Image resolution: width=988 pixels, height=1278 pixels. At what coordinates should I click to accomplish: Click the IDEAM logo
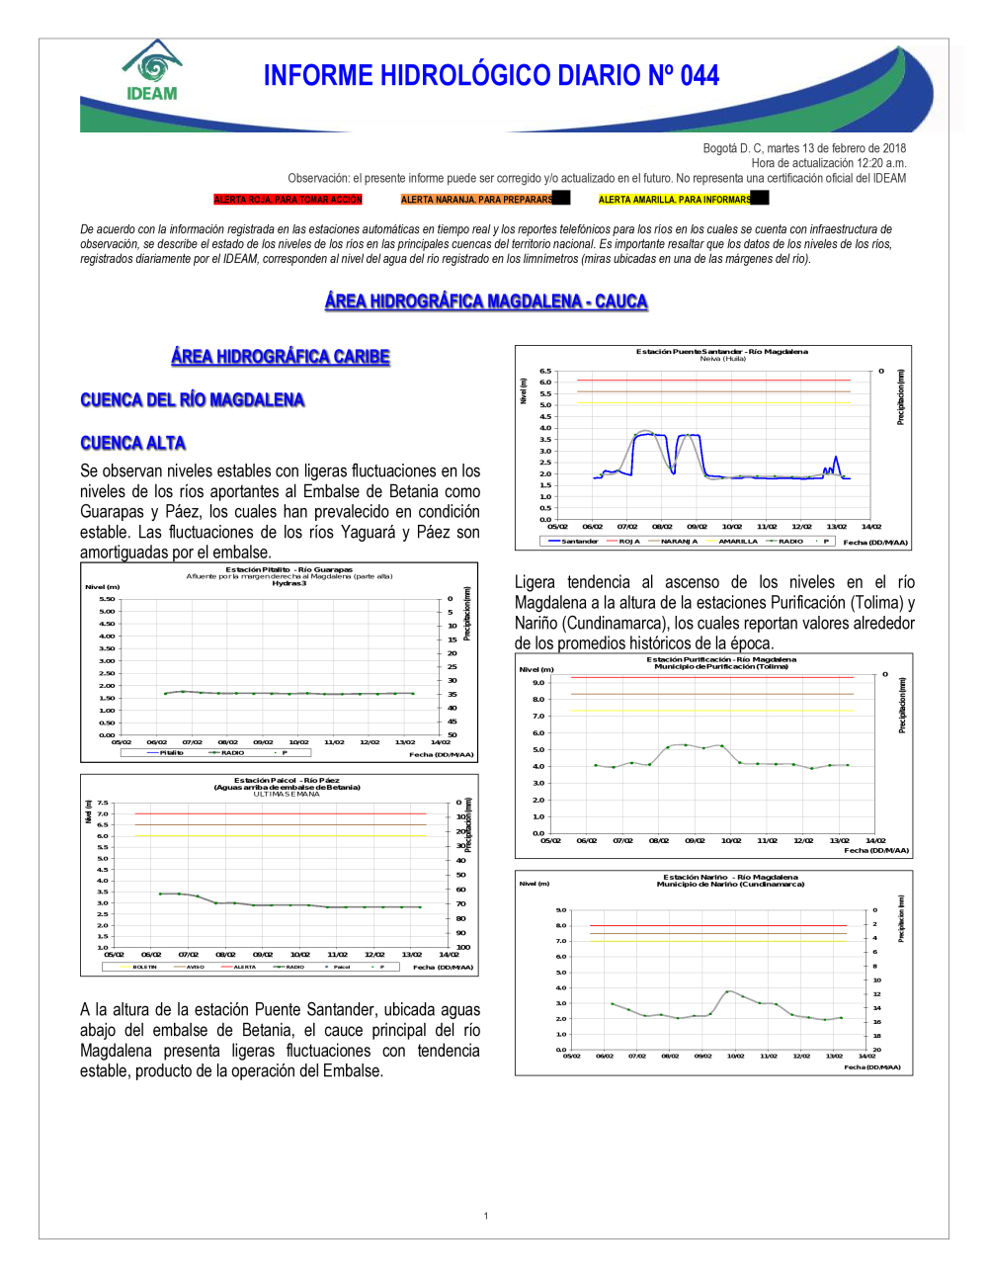(x=152, y=71)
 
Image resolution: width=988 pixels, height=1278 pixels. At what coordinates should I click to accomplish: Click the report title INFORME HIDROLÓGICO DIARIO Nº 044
(x=491, y=76)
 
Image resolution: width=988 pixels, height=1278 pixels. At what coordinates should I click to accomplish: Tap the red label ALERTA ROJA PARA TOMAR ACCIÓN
(x=288, y=200)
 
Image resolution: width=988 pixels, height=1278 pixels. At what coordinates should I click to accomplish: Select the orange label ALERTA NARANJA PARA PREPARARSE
(x=477, y=200)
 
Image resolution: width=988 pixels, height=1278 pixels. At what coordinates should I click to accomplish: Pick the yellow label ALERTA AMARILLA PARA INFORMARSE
(x=675, y=200)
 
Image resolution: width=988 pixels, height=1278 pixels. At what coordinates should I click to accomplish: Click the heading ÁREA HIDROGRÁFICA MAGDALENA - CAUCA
(x=486, y=301)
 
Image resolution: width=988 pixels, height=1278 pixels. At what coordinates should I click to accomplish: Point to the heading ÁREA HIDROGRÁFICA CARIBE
(x=281, y=357)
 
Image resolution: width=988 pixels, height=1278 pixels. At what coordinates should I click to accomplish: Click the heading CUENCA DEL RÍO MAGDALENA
(x=192, y=400)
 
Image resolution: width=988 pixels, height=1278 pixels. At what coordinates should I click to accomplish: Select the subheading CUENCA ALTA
(x=132, y=443)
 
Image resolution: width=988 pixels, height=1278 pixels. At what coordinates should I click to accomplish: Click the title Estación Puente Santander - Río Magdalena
(x=721, y=352)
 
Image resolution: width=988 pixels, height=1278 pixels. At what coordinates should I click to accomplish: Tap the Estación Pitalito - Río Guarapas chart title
(x=288, y=569)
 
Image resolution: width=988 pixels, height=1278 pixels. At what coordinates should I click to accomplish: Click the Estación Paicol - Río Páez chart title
(x=287, y=781)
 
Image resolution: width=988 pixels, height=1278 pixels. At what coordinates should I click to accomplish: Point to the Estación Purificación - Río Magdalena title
(x=721, y=659)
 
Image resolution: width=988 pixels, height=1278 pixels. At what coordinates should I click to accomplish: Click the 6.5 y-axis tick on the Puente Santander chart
(x=545, y=372)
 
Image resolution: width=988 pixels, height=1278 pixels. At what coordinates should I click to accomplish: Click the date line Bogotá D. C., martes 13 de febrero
(x=804, y=148)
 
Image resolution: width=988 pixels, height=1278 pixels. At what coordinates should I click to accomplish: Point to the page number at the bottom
(x=486, y=1216)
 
